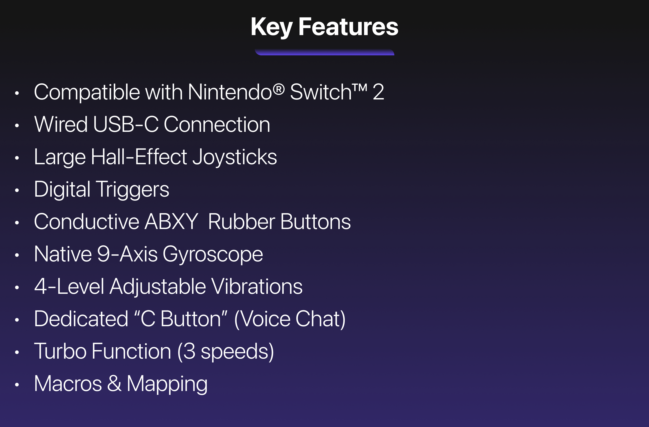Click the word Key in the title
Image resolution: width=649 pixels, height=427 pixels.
click(272, 27)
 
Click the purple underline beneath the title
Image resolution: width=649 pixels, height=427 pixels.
click(324, 52)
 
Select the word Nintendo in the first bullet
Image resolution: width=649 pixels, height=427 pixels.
click(230, 92)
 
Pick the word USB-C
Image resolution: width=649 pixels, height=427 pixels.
click(126, 124)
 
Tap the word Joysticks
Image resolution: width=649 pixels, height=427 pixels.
click(235, 157)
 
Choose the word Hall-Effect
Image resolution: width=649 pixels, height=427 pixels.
click(139, 157)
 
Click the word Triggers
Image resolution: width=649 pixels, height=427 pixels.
click(133, 189)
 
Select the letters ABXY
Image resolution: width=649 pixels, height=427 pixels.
click(171, 222)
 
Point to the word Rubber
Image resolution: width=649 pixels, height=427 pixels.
click(242, 222)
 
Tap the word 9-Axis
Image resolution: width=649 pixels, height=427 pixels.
click(127, 254)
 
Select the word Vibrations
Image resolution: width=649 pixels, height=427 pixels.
click(257, 286)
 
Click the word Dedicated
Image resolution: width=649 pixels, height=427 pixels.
click(81, 319)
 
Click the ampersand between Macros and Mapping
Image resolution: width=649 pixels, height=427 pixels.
click(114, 383)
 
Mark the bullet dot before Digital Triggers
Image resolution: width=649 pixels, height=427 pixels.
click(17, 190)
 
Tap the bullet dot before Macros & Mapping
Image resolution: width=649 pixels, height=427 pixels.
click(17, 384)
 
